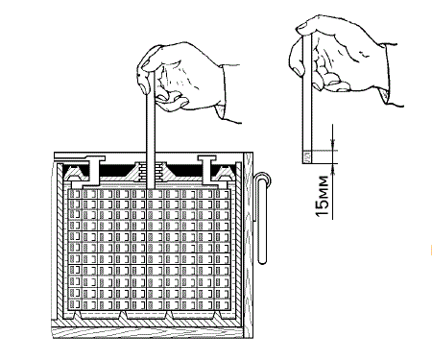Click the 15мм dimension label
(x=323, y=196)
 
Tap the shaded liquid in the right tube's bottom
(x=307, y=156)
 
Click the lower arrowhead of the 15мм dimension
(x=333, y=168)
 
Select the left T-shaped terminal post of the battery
(x=92, y=171)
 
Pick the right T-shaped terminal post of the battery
(x=208, y=170)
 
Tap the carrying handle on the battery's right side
(x=262, y=218)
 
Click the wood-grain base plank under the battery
(x=148, y=333)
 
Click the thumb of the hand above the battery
(x=145, y=75)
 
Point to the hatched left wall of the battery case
(x=60, y=240)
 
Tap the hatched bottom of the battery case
(x=147, y=324)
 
